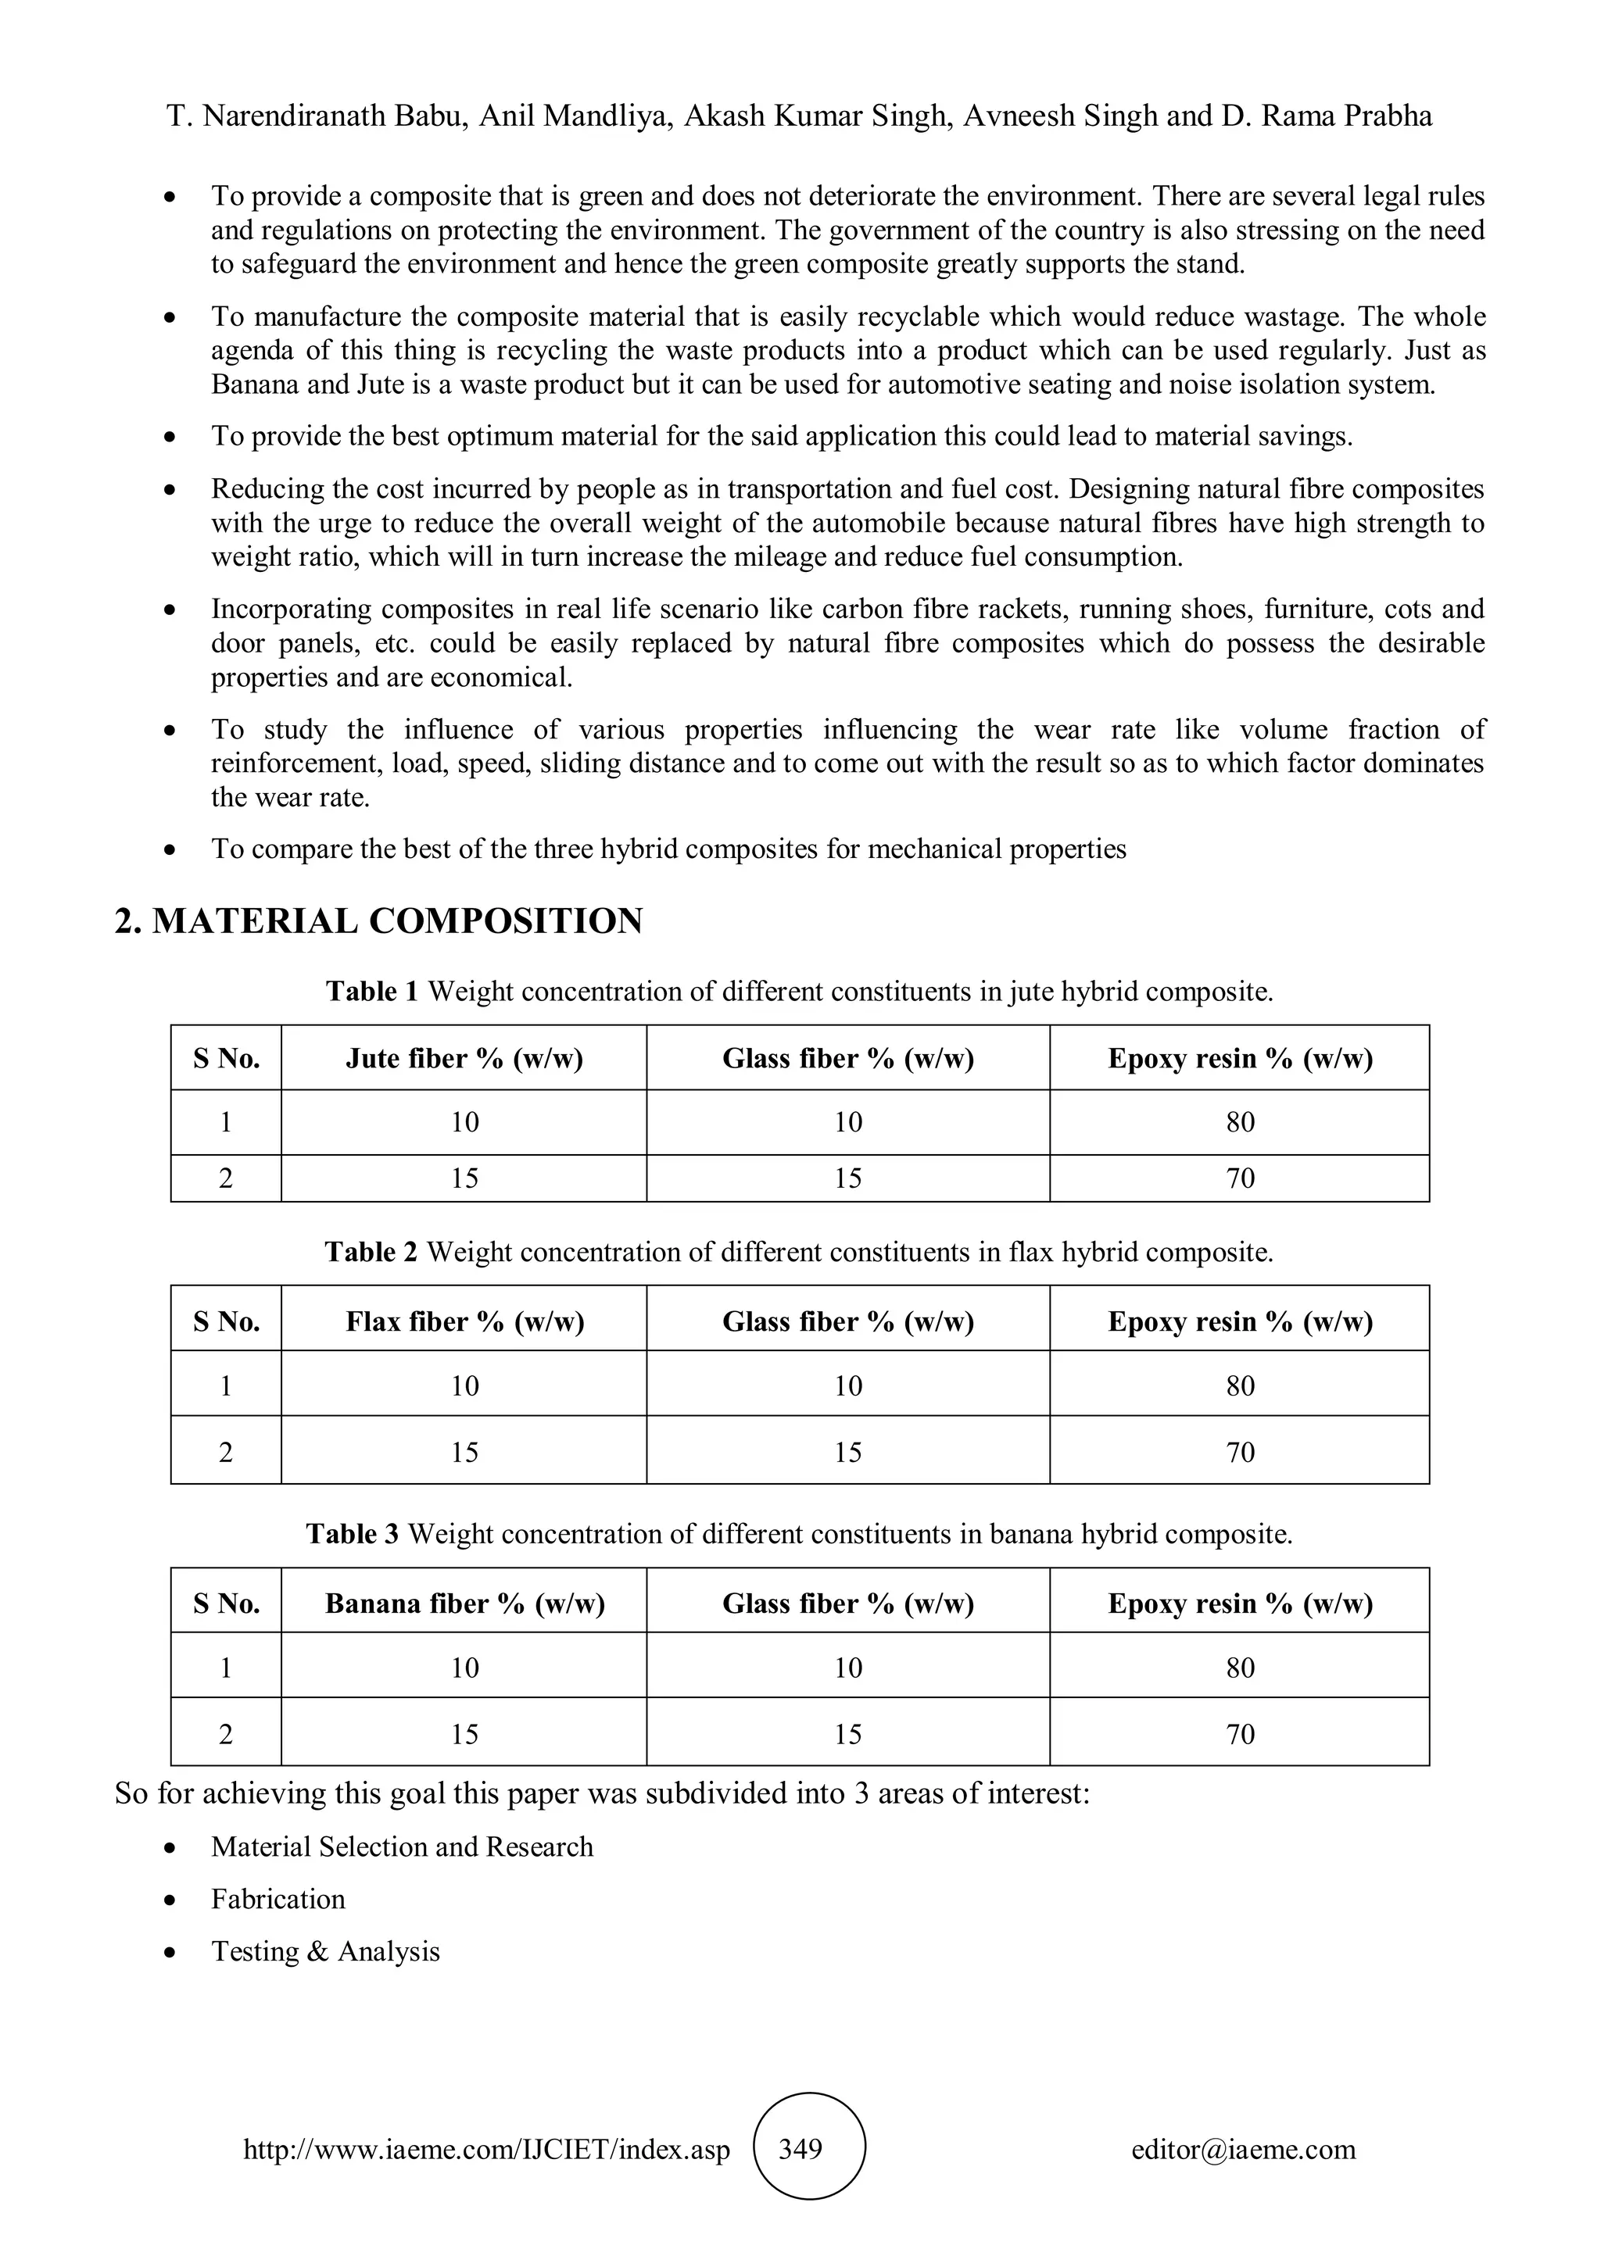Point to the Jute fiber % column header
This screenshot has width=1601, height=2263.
coord(464,1059)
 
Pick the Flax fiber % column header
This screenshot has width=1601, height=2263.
coord(464,1321)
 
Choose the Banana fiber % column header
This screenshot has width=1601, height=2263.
coord(464,1603)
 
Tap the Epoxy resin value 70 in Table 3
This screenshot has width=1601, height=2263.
coord(1239,1734)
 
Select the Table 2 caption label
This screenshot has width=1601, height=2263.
coord(371,1253)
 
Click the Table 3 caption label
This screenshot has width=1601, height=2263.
coord(352,1535)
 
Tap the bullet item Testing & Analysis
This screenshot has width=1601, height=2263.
coord(325,1951)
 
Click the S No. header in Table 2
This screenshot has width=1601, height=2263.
coord(226,1321)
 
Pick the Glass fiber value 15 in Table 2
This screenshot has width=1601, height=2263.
coord(848,1452)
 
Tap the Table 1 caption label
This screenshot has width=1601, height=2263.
coord(371,992)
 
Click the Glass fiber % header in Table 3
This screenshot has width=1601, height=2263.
coord(848,1603)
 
